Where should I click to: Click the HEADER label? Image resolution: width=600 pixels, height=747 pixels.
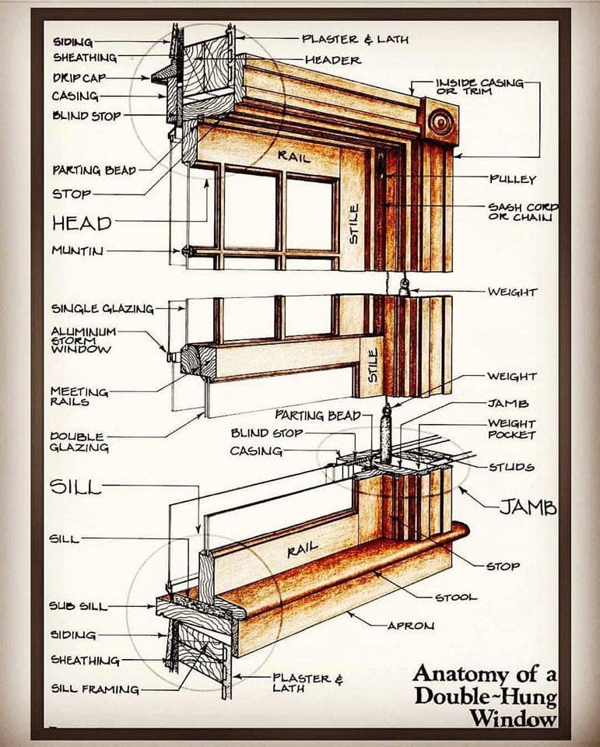click(332, 61)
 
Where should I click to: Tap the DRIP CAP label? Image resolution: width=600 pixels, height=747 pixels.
click(79, 78)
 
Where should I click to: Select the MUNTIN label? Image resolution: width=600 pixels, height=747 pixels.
click(77, 251)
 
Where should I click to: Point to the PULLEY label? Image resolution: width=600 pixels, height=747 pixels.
click(513, 179)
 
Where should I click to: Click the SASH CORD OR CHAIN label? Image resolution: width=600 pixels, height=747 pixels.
click(523, 212)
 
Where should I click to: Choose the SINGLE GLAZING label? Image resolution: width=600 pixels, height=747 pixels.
click(103, 309)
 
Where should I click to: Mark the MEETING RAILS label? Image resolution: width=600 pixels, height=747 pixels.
click(79, 396)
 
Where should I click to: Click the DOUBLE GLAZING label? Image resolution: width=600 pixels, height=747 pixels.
click(79, 442)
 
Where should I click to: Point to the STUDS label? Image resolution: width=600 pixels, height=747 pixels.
click(511, 467)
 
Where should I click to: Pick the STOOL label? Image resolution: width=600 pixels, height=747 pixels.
click(455, 597)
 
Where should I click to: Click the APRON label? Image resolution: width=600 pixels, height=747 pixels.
click(410, 626)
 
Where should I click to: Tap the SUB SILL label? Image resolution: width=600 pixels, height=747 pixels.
click(78, 606)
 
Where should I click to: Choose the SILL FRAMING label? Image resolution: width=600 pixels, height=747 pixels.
click(95, 689)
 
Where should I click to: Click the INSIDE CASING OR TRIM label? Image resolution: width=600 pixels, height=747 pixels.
click(480, 86)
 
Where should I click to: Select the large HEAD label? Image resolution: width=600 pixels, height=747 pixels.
click(82, 223)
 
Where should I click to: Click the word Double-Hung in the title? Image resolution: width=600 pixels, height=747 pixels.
click(486, 696)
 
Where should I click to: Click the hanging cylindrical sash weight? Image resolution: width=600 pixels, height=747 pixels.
click(385, 434)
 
